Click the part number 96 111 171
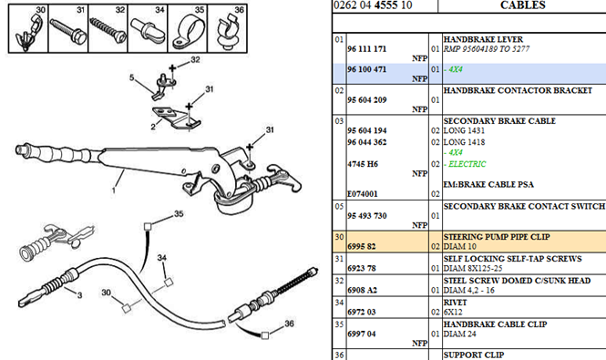[366, 49]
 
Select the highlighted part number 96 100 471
[366, 69]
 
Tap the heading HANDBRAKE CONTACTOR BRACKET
[518, 90]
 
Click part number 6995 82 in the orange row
[362, 246]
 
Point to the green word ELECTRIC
[467, 164]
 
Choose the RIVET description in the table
[455, 303]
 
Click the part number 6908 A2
[362, 290]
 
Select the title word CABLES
[522, 5]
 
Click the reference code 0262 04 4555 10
[373, 5]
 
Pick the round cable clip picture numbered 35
[188, 32]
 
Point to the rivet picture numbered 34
[148, 29]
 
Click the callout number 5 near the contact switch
[132, 77]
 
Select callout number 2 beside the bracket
[153, 127]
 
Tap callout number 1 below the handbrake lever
[114, 190]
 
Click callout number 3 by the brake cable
[79, 295]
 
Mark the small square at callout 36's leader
[265, 335]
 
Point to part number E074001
[362, 194]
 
